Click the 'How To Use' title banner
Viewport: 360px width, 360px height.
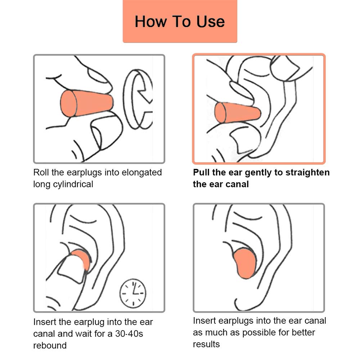[180, 21]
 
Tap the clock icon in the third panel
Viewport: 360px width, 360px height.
[133, 293]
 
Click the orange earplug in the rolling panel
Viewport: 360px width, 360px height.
[87, 103]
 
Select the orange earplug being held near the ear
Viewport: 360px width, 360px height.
[238, 113]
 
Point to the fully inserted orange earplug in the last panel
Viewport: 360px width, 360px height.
[245, 263]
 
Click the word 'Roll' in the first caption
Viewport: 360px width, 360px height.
[41, 172]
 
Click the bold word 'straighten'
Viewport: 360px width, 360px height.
[307, 173]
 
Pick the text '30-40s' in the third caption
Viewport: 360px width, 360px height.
[129, 334]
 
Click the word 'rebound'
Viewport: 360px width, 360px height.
[50, 345]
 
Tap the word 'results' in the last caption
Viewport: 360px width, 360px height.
[206, 344]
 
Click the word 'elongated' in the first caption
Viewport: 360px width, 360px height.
[141, 173]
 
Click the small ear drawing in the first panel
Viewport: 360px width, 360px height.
[138, 99]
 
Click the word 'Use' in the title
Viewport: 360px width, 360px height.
[211, 22]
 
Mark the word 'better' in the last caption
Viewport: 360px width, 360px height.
[302, 332]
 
